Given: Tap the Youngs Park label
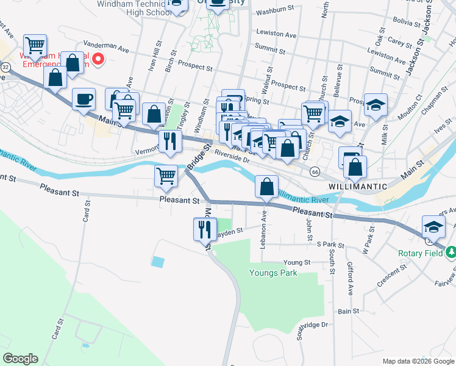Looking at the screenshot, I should point(273,273).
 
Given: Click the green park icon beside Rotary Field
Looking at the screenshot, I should point(451,251).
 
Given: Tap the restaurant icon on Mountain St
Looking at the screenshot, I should point(204,229).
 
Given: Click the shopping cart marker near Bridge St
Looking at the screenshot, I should point(166,176).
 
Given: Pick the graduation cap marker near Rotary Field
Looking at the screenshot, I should point(434,227).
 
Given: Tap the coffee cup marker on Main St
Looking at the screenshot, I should point(84,98).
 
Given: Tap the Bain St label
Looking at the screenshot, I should point(348,311).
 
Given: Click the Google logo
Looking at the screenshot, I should point(20,359).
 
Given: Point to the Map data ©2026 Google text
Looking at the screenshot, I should point(418,361).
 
